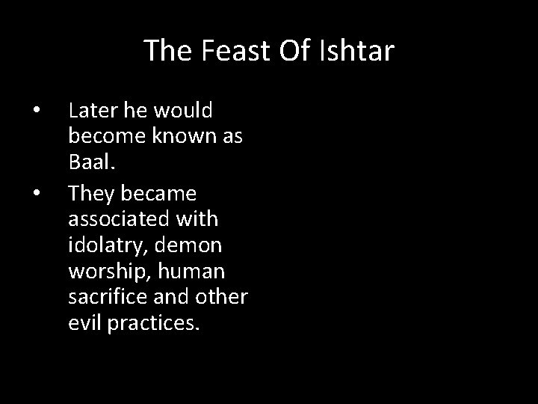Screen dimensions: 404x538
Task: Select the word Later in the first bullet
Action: (87, 111)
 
